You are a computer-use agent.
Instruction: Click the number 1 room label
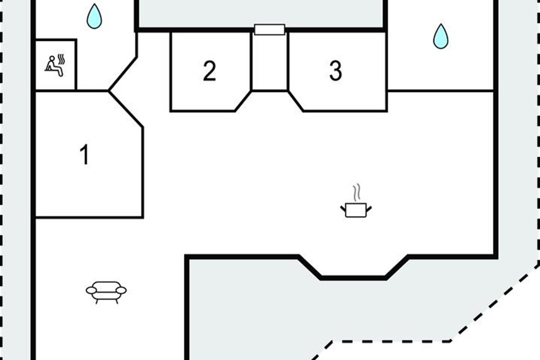(x=85, y=154)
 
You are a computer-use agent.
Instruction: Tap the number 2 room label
(x=209, y=71)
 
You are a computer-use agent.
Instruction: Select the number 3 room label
(x=336, y=71)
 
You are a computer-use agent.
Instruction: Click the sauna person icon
(x=55, y=66)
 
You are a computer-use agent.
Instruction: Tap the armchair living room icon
(x=106, y=292)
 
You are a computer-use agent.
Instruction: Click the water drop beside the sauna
(x=94, y=16)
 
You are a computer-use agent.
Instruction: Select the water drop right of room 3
(x=441, y=36)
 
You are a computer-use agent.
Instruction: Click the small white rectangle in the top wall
(x=270, y=29)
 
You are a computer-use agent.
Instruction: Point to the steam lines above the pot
(x=357, y=192)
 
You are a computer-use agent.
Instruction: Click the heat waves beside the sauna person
(x=62, y=59)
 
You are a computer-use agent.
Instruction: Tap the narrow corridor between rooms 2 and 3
(x=270, y=62)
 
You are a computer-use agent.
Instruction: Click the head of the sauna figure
(x=52, y=58)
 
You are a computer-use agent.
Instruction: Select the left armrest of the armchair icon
(x=91, y=291)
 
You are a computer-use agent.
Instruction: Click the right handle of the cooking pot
(x=369, y=209)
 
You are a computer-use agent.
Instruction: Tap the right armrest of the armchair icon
(x=121, y=291)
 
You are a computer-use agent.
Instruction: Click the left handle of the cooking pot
(x=343, y=209)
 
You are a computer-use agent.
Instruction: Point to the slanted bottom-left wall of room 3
(x=296, y=101)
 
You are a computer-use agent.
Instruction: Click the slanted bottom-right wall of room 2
(x=243, y=101)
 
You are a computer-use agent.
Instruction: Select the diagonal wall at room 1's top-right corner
(x=126, y=109)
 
